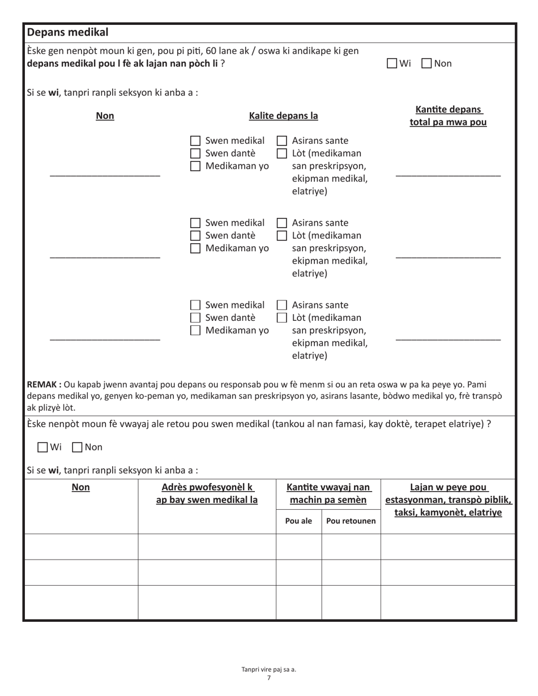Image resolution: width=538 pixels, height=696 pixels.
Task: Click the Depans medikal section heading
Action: [x=68, y=32]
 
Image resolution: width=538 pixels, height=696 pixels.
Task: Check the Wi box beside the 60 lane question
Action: [x=392, y=63]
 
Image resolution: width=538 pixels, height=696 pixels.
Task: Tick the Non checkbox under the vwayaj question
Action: [x=78, y=447]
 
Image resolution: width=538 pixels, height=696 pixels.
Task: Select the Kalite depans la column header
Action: [x=283, y=116]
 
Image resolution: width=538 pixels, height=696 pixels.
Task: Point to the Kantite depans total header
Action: [x=448, y=115]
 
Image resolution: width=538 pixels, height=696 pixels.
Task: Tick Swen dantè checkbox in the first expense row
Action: [x=195, y=153]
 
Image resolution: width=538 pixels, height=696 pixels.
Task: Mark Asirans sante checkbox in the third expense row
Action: [x=281, y=306]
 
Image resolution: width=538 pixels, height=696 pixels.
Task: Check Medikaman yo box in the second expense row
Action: [x=195, y=248]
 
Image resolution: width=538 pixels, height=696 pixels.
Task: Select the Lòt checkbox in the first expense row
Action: [x=281, y=153]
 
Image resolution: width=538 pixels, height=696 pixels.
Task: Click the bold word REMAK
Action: [x=44, y=385]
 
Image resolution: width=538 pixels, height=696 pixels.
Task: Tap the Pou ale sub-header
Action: [x=298, y=521]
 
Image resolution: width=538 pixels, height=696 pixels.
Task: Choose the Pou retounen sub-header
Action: [x=351, y=521]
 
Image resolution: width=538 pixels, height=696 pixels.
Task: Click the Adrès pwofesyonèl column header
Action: [x=207, y=493]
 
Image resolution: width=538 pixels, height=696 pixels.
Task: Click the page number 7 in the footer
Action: [x=269, y=678]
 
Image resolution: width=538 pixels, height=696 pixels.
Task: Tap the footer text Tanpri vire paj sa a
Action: [x=269, y=669]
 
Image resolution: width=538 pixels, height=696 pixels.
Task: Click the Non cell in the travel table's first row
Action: [x=81, y=547]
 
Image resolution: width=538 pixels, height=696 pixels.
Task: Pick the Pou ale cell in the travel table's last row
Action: [x=298, y=603]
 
